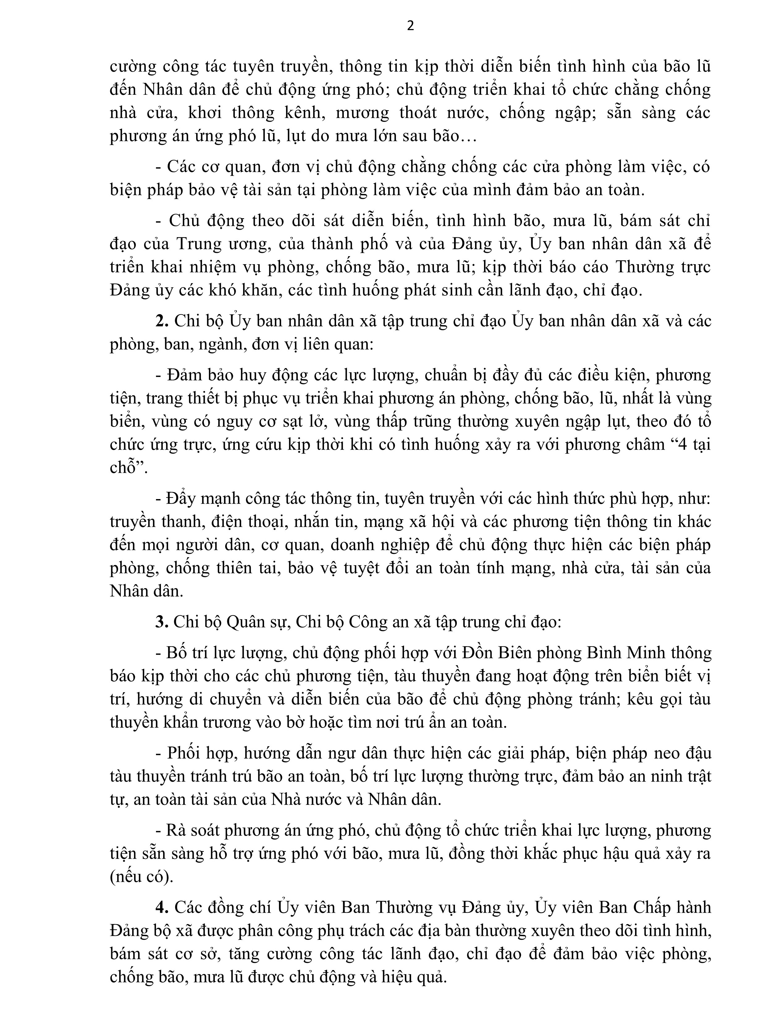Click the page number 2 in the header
click(410, 26)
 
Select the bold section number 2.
click(162, 321)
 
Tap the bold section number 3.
click(162, 622)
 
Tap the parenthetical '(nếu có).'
click(142, 877)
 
